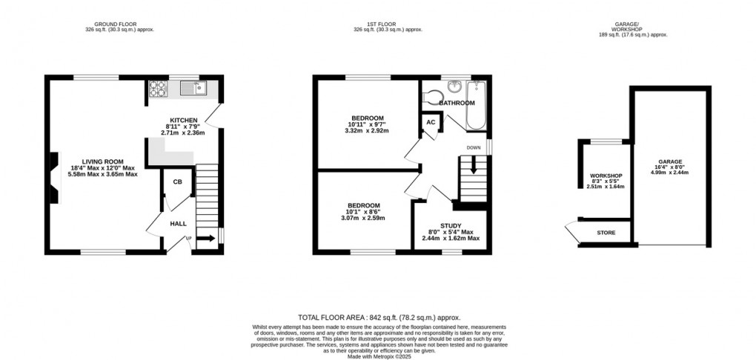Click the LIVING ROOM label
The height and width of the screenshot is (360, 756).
coord(103,161)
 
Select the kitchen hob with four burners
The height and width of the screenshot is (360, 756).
coord(159,90)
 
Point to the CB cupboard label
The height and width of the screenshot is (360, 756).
coord(178,182)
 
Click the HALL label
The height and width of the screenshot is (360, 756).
coord(179,223)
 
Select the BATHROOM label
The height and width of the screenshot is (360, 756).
coord(457,102)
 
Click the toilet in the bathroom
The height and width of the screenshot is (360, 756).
coord(431,96)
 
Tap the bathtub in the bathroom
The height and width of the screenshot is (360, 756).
coord(474,105)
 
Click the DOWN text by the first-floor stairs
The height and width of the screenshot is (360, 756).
coord(474,147)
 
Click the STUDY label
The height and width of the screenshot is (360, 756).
coord(451,226)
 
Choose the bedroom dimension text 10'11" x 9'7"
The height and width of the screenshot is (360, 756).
coord(367,124)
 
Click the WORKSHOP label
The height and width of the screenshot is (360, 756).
coord(606,176)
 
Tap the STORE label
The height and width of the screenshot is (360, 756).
coord(606,233)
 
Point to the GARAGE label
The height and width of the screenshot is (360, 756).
coord(670,161)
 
